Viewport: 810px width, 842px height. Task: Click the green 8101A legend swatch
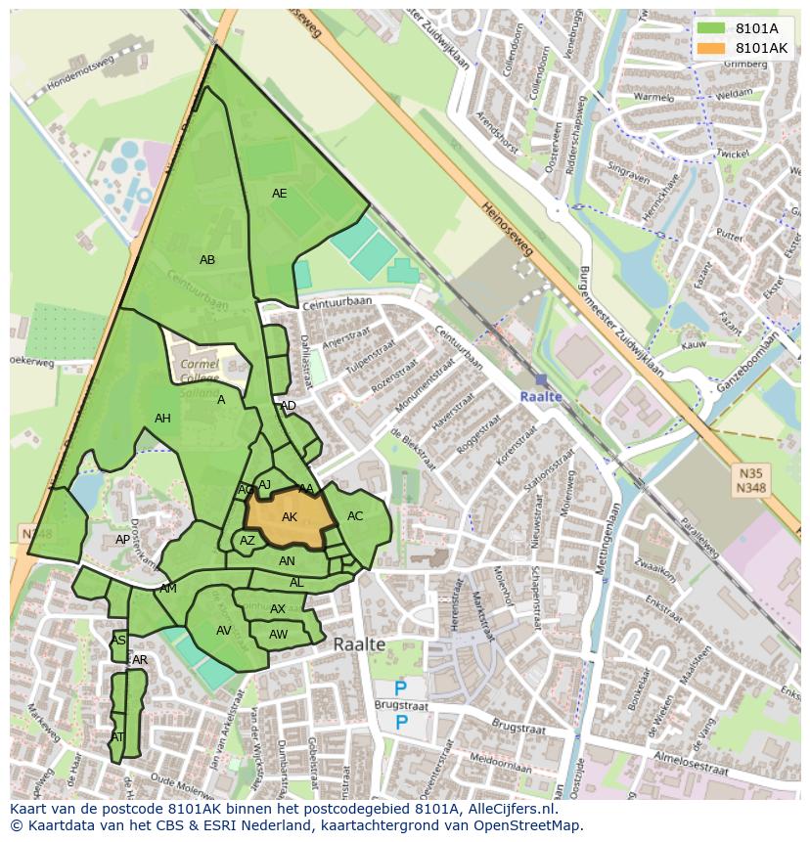[x=711, y=28]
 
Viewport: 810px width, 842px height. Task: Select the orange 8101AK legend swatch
[x=711, y=48]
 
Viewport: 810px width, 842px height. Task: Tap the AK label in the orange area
[x=290, y=517]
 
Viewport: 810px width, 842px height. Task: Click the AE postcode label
[x=280, y=194]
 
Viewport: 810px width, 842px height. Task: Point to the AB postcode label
[x=207, y=260]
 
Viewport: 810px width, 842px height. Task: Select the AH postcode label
[x=162, y=419]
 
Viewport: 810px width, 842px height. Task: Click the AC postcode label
[x=355, y=516]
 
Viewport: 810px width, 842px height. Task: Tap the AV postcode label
[x=224, y=631]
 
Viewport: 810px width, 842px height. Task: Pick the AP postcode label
[x=122, y=540]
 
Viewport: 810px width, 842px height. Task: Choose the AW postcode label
[x=278, y=634]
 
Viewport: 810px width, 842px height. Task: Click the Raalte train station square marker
[x=541, y=379]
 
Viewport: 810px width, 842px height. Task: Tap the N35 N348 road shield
[x=750, y=479]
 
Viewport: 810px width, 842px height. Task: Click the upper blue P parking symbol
[x=401, y=689]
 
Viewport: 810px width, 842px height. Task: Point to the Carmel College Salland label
[x=200, y=377]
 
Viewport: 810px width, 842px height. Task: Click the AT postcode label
[x=117, y=737]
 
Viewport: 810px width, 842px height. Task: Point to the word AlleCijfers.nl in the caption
[x=508, y=809]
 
